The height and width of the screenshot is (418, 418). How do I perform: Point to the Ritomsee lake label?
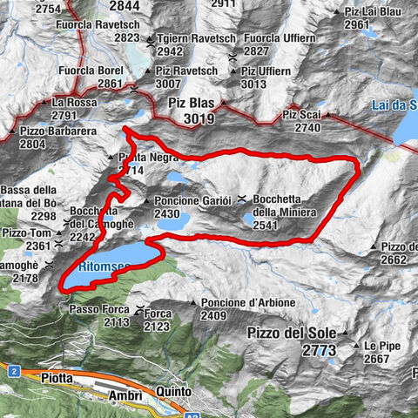(x=103, y=260)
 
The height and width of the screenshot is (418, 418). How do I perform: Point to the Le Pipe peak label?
(x=381, y=345)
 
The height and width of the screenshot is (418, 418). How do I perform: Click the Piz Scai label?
(x=302, y=114)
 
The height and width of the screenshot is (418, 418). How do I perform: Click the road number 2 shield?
(x=15, y=371)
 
